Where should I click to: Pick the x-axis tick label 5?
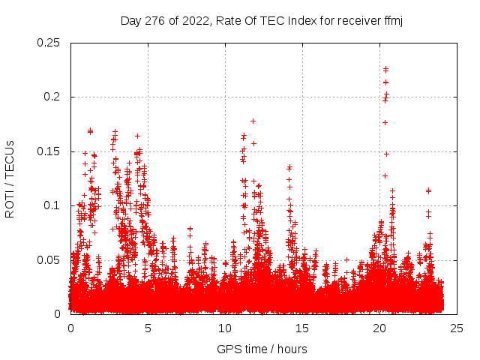click(x=148, y=328)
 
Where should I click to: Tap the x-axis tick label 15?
click(x=303, y=328)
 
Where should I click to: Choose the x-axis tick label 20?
click(x=380, y=328)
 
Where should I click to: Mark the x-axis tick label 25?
click(x=457, y=328)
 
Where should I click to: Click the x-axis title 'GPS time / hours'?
click(x=262, y=349)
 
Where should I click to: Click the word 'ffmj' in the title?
click(x=393, y=20)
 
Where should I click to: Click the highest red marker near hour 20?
click(x=385, y=69)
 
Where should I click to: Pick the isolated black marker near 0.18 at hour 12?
click(x=253, y=121)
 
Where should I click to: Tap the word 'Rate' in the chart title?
click(x=227, y=20)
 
